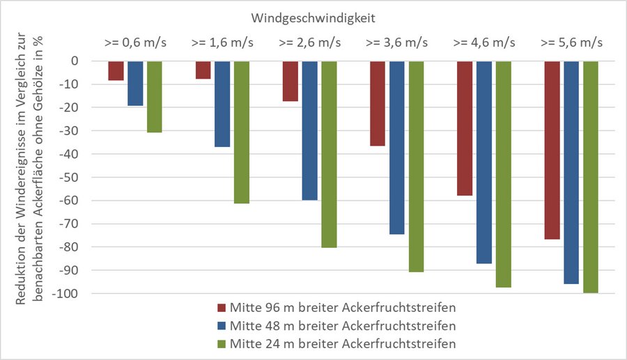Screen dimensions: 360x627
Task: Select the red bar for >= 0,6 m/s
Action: pyautogui.click(x=116, y=71)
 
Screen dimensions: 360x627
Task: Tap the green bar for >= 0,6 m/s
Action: pyautogui.click(x=155, y=97)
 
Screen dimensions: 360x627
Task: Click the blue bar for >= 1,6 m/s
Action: pyautogui.click(x=222, y=104)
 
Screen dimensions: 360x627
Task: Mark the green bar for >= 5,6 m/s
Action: pyautogui.click(x=591, y=177)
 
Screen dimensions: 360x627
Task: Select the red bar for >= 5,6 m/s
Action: pyautogui.click(x=552, y=150)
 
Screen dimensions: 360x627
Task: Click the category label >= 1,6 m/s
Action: pyautogui.click(x=222, y=43)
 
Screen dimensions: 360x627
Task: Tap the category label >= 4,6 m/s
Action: pyautogui.click(x=484, y=43)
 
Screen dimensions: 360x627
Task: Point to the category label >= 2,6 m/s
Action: pyautogui.click(x=309, y=43)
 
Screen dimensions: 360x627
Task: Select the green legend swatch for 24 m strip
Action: pyautogui.click(x=222, y=343)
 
